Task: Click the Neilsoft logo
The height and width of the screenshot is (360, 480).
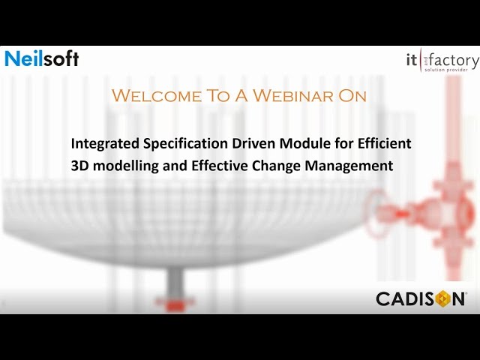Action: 41,58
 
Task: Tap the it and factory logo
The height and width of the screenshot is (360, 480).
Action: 440,60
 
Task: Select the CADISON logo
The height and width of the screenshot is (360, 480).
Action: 421,298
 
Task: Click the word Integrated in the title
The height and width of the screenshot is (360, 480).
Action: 101,143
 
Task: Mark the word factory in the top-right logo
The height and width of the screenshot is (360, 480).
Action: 453,57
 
